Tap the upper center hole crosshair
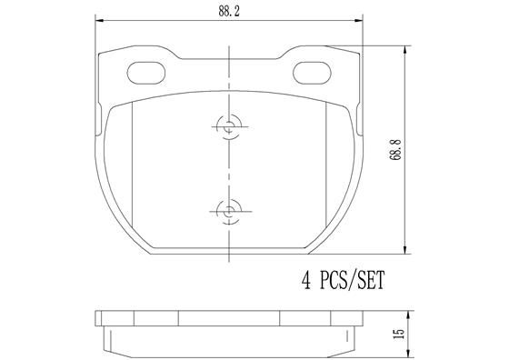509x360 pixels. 227,127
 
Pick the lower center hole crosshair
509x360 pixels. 227,211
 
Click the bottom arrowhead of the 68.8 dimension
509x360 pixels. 404,251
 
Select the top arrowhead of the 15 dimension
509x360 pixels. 404,314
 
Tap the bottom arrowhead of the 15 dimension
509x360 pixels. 404,351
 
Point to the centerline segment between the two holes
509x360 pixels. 227,169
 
